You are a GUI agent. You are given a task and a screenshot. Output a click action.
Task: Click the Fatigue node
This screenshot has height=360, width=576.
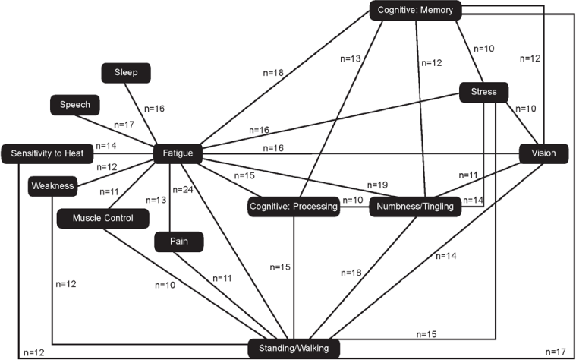click(x=178, y=154)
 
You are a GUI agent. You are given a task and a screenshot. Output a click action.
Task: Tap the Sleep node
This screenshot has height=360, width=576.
click(x=126, y=73)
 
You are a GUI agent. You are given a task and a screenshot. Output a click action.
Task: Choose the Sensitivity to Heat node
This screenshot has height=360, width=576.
click(x=47, y=154)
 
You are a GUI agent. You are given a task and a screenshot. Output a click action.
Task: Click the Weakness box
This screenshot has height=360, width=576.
click(x=52, y=185)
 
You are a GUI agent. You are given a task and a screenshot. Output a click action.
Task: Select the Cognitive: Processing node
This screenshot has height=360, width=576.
click(x=293, y=207)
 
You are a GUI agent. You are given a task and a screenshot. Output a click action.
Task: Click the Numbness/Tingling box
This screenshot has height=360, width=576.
click(x=414, y=207)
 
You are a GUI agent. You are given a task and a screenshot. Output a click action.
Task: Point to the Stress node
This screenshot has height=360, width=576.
click(x=483, y=93)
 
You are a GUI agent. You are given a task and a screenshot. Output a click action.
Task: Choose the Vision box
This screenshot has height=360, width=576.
click(x=543, y=154)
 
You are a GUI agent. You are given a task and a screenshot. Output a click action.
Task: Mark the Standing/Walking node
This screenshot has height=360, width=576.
click(x=293, y=349)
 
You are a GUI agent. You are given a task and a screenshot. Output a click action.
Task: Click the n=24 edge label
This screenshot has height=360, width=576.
click(x=184, y=190)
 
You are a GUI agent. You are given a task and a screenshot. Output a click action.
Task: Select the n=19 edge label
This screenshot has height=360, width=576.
click(x=377, y=185)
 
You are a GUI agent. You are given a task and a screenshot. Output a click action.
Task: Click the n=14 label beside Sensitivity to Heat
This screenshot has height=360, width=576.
click(x=108, y=146)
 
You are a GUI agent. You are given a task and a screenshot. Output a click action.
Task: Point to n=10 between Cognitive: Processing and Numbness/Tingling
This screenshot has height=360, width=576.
click(x=352, y=201)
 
